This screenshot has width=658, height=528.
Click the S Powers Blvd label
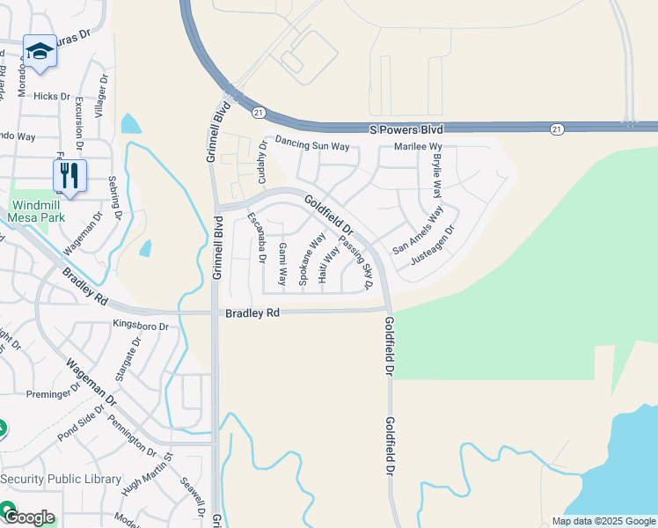406,129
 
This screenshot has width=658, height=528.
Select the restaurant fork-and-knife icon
69,174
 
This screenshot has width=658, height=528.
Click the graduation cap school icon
40,53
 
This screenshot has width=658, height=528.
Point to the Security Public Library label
62,479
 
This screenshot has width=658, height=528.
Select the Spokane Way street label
311,259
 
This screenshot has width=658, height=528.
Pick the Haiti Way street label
329,264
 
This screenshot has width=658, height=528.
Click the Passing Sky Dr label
356,265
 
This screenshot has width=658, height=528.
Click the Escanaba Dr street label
256,238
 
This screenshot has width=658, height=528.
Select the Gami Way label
282,264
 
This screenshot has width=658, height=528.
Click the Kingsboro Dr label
140,326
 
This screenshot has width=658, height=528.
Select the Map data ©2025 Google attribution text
603,520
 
